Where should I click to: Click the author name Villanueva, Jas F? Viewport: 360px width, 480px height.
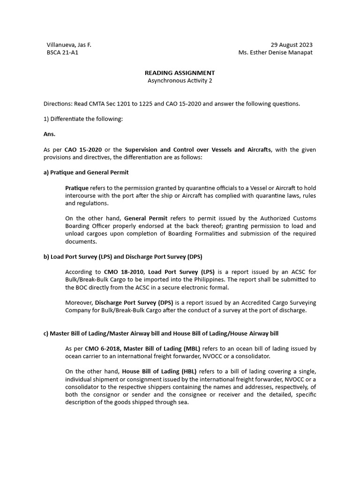click(x=69, y=45)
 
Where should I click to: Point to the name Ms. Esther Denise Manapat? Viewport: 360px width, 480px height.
click(x=275, y=52)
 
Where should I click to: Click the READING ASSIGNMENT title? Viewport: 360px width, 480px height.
click(x=180, y=73)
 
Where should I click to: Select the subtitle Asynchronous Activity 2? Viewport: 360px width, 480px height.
click(x=180, y=80)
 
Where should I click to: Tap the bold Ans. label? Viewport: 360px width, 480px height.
click(x=49, y=134)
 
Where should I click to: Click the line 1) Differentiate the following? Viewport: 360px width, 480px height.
click(x=83, y=119)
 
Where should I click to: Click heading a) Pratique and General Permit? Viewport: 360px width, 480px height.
click(x=86, y=172)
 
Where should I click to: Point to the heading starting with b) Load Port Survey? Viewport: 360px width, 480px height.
click(x=123, y=256)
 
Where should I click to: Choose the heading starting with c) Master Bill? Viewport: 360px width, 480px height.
click(x=161, y=333)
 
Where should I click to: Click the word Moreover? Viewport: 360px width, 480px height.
click(x=79, y=302)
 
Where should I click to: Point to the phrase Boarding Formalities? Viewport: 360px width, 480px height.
click(x=219, y=234)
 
